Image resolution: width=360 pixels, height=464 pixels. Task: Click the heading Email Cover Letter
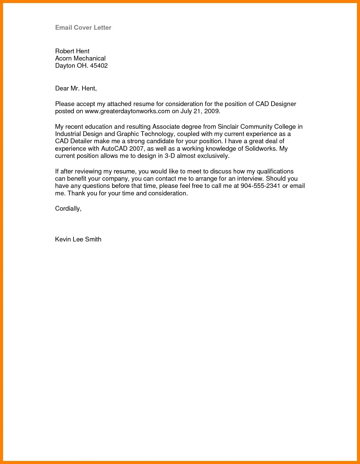[83, 27]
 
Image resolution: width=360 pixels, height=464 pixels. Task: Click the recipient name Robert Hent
[72, 51]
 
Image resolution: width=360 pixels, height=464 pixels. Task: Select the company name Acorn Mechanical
[80, 58]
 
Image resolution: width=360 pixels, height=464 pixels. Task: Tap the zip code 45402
[99, 66]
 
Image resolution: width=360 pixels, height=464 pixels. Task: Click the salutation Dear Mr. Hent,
[76, 89]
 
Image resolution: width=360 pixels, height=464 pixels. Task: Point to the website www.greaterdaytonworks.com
[127, 111]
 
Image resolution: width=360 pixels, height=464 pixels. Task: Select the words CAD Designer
[276, 104]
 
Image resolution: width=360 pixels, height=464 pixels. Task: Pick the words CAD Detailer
[73, 141]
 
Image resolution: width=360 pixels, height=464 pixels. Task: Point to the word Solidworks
[261, 149]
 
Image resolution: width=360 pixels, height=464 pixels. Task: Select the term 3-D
[169, 156]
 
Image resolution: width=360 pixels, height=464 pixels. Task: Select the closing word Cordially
[68, 209]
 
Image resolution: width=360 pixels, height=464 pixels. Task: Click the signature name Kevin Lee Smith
[78, 239]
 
